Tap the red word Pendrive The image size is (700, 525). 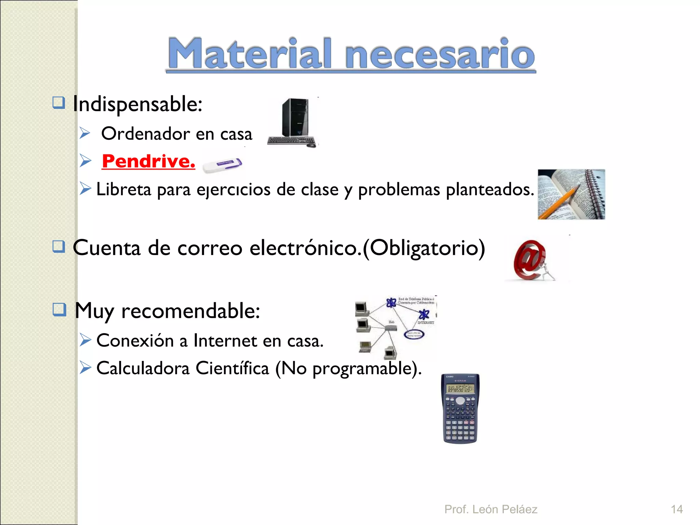coord(148,161)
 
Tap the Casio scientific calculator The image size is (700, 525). coord(460,408)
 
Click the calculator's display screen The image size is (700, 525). coord(460,389)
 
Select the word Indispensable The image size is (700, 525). coord(137,104)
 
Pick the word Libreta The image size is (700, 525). coord(123,189)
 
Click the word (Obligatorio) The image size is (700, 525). coord(424,248)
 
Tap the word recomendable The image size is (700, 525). coord(190,311)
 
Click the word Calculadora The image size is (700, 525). coord(143,368)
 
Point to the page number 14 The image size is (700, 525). coord(676,509)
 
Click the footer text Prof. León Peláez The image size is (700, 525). coord(490,509)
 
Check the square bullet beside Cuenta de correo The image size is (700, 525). coord(59,246)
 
